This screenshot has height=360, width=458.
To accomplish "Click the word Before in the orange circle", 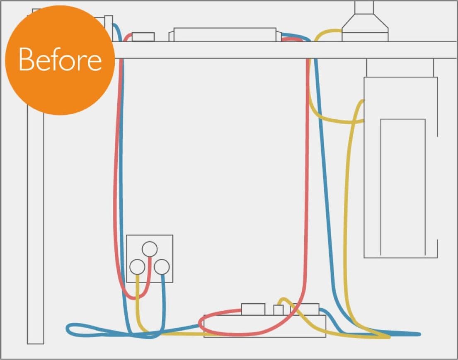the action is pyautogui.click(x=60, y=59).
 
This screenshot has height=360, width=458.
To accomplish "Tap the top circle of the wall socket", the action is pyautogui.click(x=150, y=249).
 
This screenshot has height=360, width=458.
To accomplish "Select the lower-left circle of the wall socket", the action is pyautogui.click(x=137, y=267).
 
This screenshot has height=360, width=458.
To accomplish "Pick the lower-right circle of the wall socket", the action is pyautogui.click(x=162, y=267).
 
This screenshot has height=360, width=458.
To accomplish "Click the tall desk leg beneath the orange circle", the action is pyautogui.click(x=35, y=228).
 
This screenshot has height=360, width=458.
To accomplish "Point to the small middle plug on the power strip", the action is pyautogui.click(x=279, y=310).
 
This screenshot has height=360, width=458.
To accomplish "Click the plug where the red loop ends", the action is pyautogui.click(x=253, y=309).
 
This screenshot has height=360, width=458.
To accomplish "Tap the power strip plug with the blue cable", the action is pyautogui.click(x=305, y=309).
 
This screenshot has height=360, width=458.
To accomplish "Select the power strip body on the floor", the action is pyautogui.click(x=264, y=326).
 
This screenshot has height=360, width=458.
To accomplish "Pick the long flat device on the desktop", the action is pyautogui.click(x=225, y=35).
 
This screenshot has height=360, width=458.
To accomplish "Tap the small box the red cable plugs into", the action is pyautogui.click(x=143, y=37).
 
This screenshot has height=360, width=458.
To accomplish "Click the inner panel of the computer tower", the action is pyautogui.click(x=403, y=187).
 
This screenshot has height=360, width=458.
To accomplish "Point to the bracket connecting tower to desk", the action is pyautogui.click(x=400, y=68).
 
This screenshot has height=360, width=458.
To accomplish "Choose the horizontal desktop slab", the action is pyautogui.click(x=285, y=50).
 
